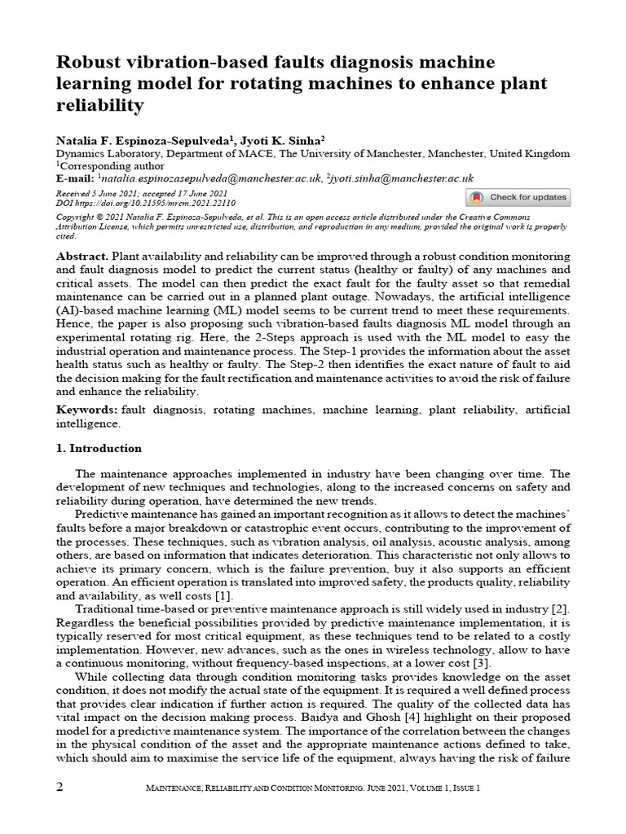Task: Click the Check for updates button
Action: (518, 197)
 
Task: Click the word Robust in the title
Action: (87, 63)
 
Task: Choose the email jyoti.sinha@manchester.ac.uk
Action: (402, 178)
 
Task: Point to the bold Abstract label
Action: (82, 256)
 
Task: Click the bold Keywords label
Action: (86, 410)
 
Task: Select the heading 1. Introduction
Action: (99, 449)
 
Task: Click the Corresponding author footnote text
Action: (101, 165)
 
